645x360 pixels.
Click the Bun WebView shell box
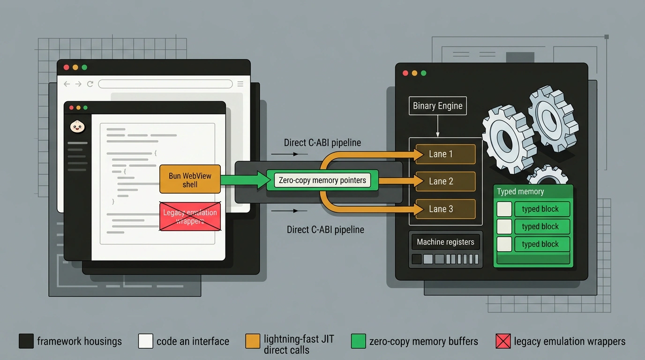coord(190,179)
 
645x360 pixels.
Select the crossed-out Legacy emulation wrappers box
coord(190,217)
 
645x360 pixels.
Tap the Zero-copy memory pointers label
coord(322,180)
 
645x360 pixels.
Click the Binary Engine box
coord(438,105)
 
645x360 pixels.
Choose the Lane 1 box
coord(445,154)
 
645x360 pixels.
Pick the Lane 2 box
coord(445,181)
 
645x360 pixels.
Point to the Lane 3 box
coord(445,209)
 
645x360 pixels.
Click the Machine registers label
coord(445,242)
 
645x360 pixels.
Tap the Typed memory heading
coord(520,192)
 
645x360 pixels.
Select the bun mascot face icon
coord(77,127)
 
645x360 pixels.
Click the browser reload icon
coord(90,84)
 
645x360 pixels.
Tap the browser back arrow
coord(67,84)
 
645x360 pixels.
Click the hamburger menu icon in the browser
coord(240,84)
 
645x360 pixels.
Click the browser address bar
coord(165,84)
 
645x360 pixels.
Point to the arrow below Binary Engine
coord(438,126)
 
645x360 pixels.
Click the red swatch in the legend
coord(503,341)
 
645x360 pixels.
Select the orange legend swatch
coord(253,341)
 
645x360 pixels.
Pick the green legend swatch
coord(359,341)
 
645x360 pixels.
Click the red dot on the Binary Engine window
coord(405,73)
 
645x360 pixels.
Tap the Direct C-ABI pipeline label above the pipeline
coord(322,142)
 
